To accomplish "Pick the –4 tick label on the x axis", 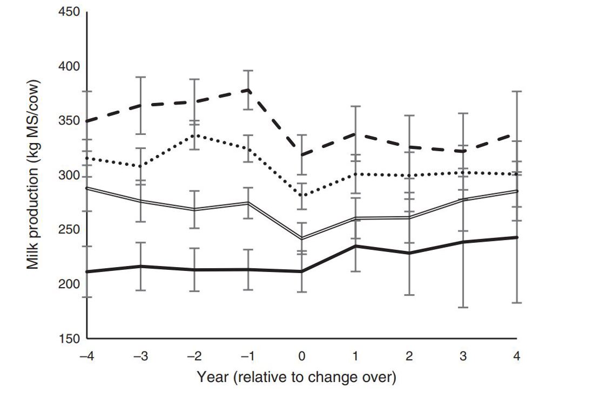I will point(86,357).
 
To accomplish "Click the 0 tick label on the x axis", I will point(302,357).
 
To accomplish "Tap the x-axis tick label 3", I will point(463,357).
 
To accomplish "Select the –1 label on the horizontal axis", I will point(248,357).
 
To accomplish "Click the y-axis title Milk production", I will point(33,175).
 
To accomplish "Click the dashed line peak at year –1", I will point(248,90).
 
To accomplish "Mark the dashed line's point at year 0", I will point(302,155).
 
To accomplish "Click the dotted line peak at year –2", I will point(194,134).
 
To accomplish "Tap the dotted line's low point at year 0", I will point(302,195).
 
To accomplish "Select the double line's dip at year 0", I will point(302,239).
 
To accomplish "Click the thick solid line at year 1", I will point(356,246).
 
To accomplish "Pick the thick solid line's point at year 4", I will point(517,237).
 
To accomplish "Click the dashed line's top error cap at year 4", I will point(517,92).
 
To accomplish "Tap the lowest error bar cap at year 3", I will point(463,308).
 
